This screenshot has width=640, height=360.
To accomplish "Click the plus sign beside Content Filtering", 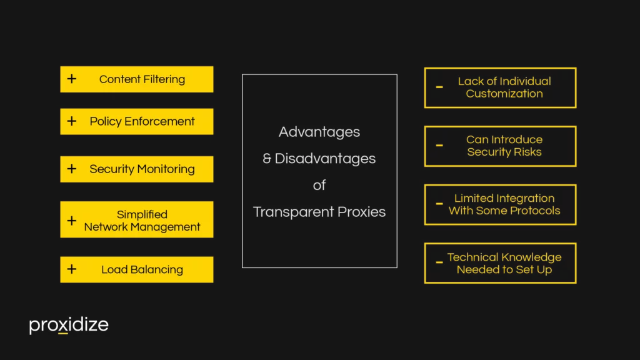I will point(72,79).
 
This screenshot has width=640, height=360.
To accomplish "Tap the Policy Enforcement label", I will point(142,121).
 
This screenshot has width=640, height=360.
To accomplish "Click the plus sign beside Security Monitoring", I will point(72,169).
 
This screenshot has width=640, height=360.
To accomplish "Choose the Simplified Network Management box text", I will point(142,221).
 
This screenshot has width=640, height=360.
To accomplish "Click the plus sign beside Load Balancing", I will point(72,269).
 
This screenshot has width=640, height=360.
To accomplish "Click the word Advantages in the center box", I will point(319,132).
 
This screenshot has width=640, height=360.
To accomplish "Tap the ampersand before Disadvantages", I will point(267,159).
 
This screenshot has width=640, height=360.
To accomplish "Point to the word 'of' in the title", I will point(319,185).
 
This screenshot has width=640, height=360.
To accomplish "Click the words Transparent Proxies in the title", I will point(319,212).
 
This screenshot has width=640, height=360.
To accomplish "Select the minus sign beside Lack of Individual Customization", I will point(439,87).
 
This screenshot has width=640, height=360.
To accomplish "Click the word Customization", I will point(504,94).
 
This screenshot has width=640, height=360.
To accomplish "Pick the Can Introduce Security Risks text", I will point(504,146).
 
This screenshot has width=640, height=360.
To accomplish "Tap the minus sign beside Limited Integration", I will point(439,204).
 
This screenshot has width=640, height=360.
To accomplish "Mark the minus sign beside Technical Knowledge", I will point(439,263).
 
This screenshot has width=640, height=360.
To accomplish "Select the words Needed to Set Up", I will point(504,270).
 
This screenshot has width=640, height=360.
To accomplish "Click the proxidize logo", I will point(69,325).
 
